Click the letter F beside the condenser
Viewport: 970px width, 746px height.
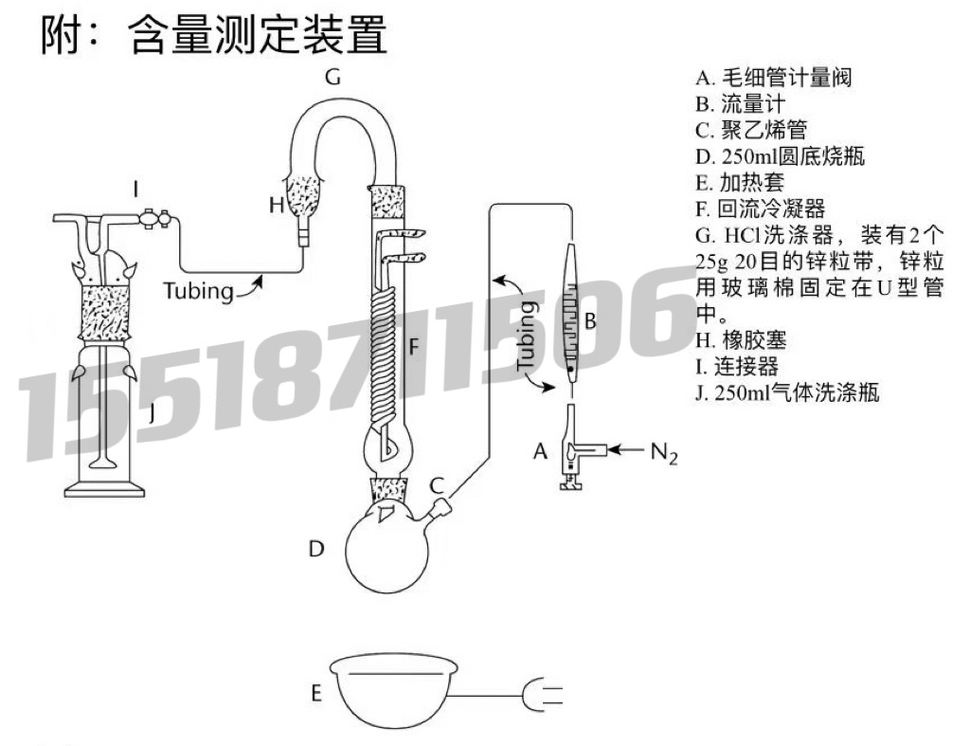click(412, 348)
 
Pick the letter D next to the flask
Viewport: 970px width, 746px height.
click(317, 549)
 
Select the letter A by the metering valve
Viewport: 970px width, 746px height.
click(541, 452)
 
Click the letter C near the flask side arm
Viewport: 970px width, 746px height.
click(438, 485)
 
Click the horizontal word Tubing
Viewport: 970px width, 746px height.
click(198, 290)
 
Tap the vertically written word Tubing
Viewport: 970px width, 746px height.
click(527, 337)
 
